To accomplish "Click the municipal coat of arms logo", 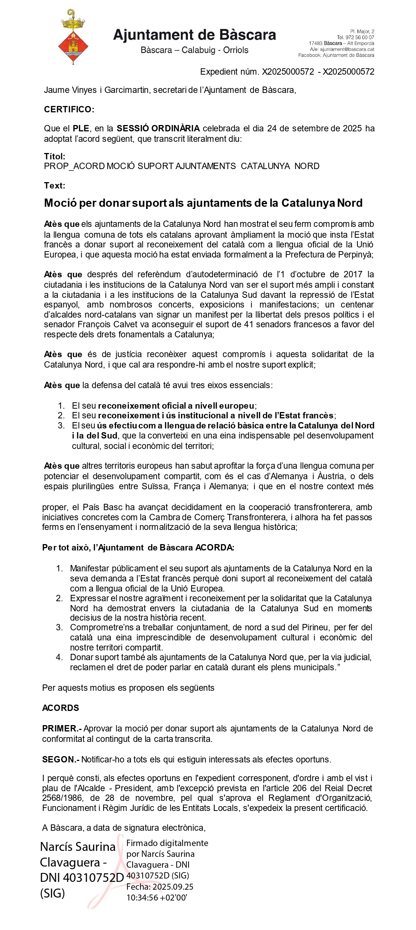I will click(73, 37).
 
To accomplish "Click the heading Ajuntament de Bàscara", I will click(194, 35).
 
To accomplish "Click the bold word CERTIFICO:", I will click(69, 109).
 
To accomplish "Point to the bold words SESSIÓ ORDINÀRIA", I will click(158, 128).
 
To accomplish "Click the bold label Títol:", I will click(54, 156).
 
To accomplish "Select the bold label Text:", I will click(54, 185).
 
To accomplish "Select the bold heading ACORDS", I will click(60, 708).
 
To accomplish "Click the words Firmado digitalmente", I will click(167, 843).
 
